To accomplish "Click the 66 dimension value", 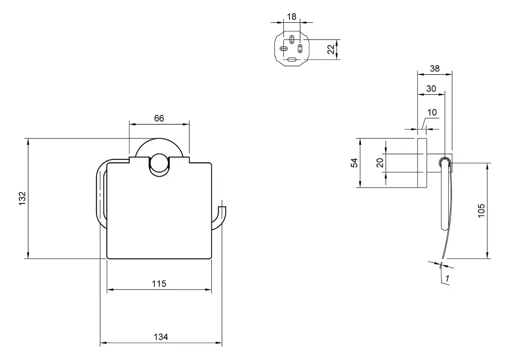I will (159, 118).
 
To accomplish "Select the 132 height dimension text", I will (22, 198).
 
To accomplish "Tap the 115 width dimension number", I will (159, 284).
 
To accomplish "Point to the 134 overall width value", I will (160, 337).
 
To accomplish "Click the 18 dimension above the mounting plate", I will (292, 17).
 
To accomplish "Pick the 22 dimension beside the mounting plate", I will (331, 49).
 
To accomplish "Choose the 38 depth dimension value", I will (434, 68).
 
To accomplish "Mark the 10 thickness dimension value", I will (432, 112).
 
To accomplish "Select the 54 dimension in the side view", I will (355, 163).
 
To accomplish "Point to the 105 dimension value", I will (481, 210).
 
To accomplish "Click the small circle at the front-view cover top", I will (159, 166).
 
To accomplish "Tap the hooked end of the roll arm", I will (223, 206).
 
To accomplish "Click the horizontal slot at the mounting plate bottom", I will (292, 59).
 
